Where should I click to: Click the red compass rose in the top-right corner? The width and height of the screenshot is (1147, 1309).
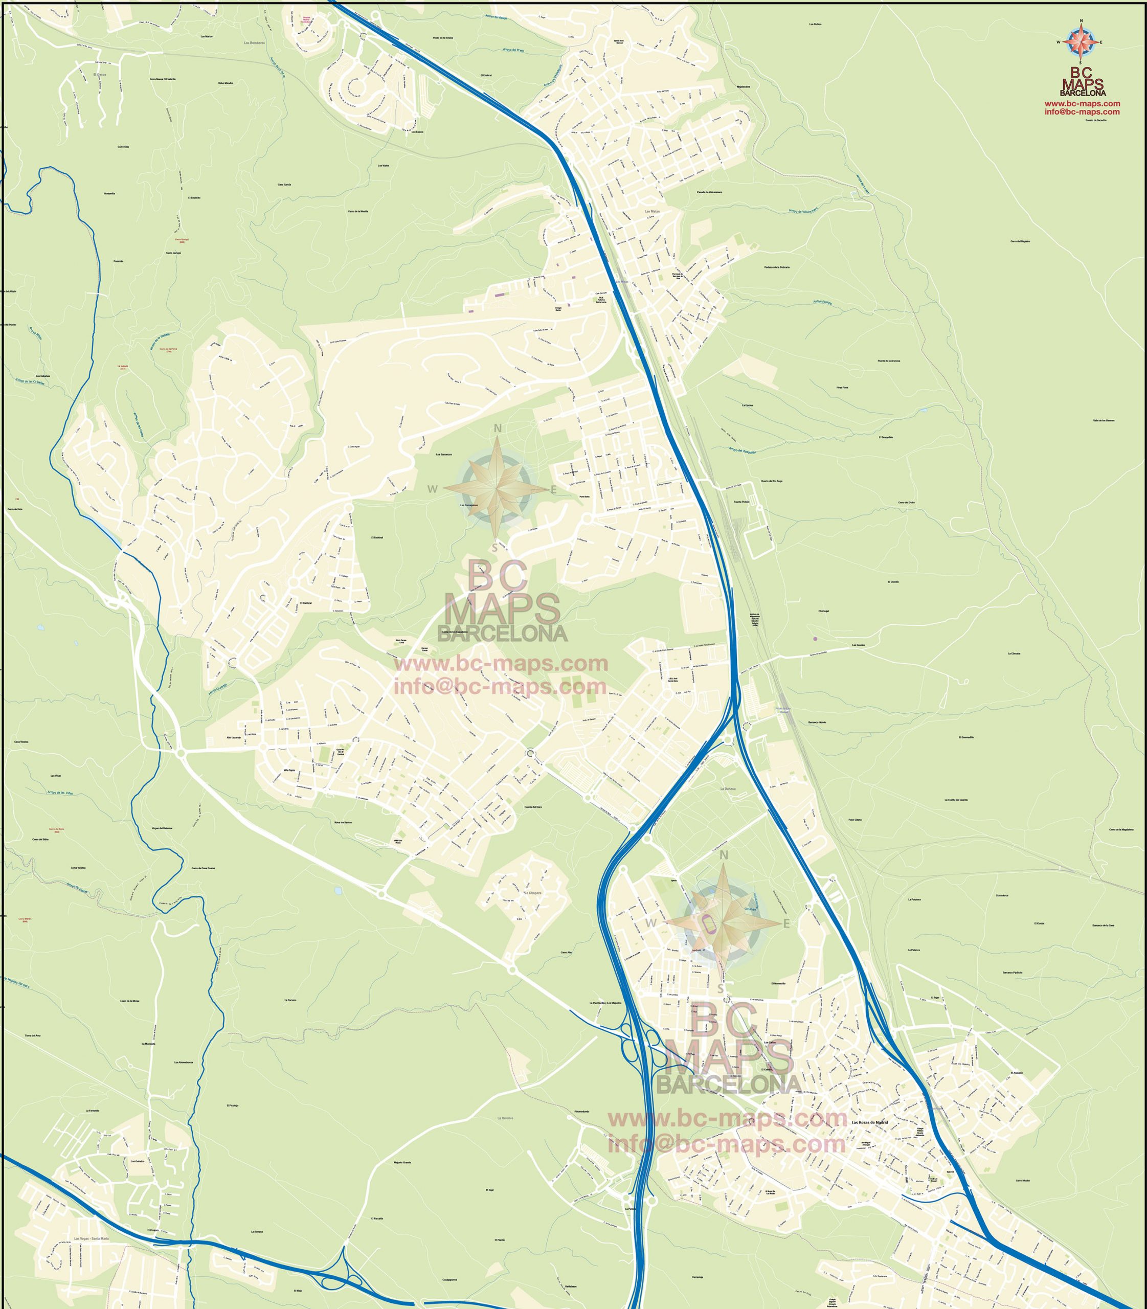tap(1081, 42)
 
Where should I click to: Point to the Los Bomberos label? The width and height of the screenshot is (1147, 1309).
tap(254, 43)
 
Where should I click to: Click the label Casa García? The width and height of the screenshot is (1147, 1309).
tap(284, 185)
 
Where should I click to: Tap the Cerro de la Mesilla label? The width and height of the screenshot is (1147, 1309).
tap(358, 211)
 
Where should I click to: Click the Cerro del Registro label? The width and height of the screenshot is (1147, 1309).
tap(1020, 241)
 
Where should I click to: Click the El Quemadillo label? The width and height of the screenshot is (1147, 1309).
tap(966, 737)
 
